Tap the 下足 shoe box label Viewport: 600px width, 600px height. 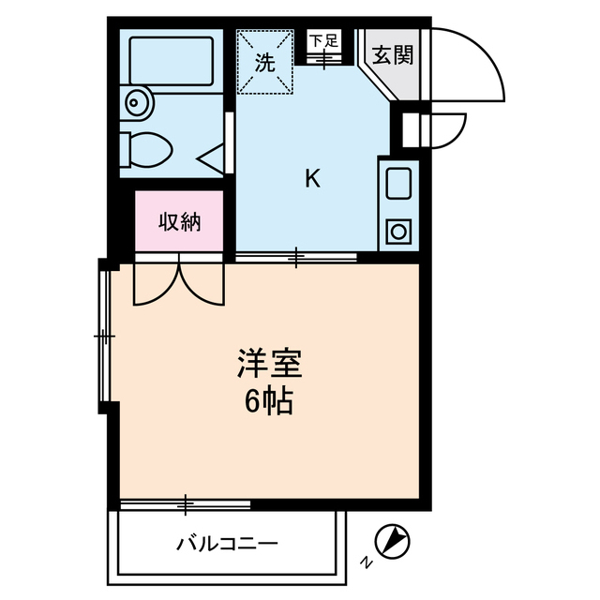(x=324, y=40)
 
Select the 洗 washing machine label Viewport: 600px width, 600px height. (x=265, y=63)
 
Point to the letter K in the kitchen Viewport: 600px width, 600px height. (x=312, y=178)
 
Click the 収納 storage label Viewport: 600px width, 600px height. (x=179, y=222)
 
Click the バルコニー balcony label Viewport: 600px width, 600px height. (x=227, y=544)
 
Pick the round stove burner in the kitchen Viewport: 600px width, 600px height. (x=399, y=230)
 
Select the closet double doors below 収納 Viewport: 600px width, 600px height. (x=179, y=281)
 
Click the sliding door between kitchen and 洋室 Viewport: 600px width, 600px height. (x=296, y=256)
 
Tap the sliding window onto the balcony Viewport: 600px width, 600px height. (x=186, y=505)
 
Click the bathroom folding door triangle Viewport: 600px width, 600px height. (x=214, y=158)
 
